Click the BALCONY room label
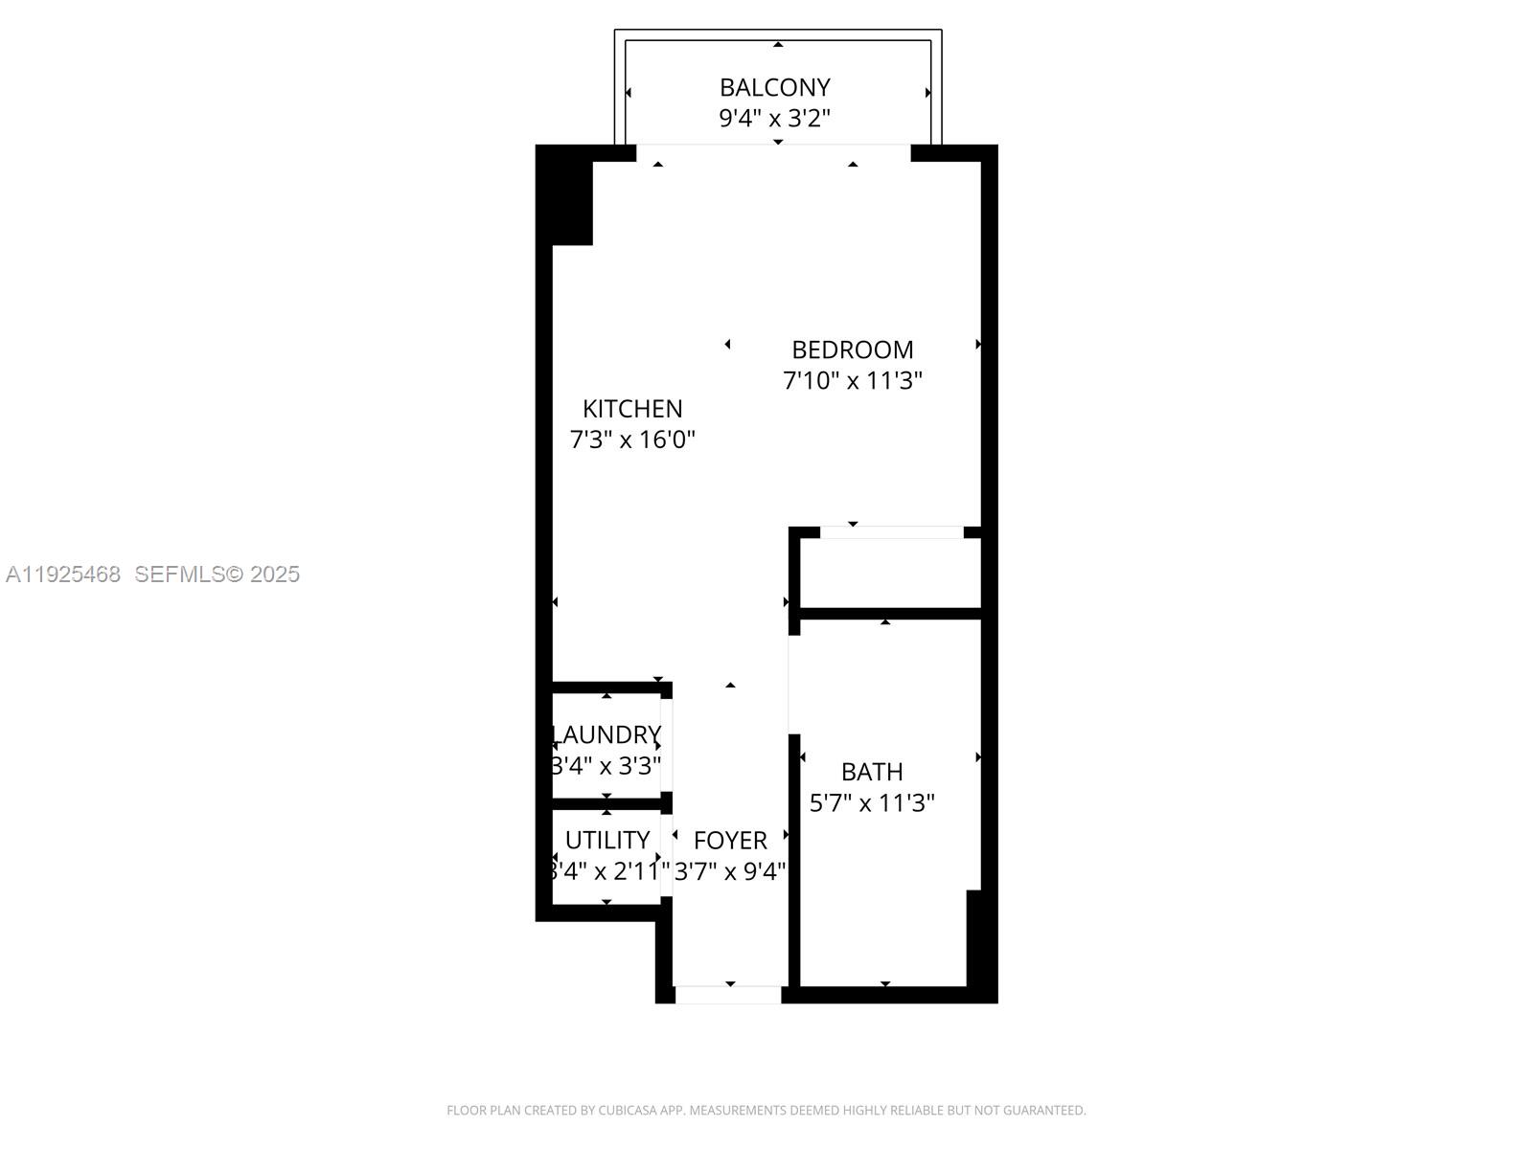tap(774, 87)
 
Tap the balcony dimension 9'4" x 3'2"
tap(774, 119)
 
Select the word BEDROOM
tap(852, 349)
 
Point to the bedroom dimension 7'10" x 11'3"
tap(852, 381)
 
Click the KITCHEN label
tap(632, 409)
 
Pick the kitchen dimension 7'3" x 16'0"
tap(632, 440)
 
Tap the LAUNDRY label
tap(607, 734)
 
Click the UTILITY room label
tap(607, 840)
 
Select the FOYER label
tap(730, 840)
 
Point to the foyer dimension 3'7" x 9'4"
tap(730, 871)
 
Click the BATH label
tap(872, 771)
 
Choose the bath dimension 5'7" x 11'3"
tap(872, 802)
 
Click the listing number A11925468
tap(63, 574)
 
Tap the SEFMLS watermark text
tap(179, 574)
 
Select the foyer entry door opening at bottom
tap(729, 995)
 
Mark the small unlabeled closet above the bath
tap(890, 572)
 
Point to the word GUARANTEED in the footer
tap(1043, 1111)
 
